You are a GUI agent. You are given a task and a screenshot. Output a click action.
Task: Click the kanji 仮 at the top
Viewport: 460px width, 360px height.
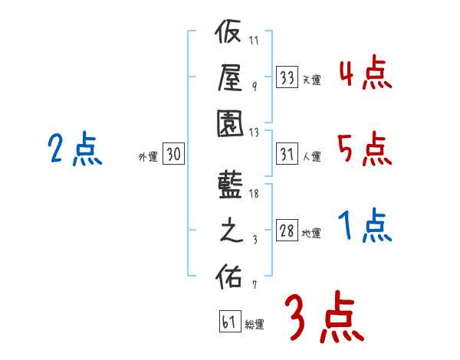[x=228, y=35]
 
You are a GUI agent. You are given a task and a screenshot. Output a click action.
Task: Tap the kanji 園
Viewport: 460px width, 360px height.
[x=228, y=123]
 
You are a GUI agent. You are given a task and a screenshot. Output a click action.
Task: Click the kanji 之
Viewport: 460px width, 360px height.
[x=228, y=231]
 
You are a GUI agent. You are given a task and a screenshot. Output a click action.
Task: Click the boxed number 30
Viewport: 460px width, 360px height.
[x=173, y=155]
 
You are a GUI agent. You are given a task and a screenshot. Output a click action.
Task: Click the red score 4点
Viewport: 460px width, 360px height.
[x=365, y=75]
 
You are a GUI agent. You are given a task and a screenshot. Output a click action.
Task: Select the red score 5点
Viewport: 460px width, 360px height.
[x=365, y=149]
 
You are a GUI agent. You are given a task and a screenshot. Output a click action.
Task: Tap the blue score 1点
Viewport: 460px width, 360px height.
[x=365, y=226]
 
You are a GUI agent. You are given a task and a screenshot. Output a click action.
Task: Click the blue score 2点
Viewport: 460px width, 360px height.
[x=75, y=149]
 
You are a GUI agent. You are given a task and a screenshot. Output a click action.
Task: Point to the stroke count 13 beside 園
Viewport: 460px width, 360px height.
[x=254, y=131]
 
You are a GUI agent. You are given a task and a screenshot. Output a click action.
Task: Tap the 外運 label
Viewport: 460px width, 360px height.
[x=148, y=156]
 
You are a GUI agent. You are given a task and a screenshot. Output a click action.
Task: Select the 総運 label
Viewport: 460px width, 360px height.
[x=255, y=325]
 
